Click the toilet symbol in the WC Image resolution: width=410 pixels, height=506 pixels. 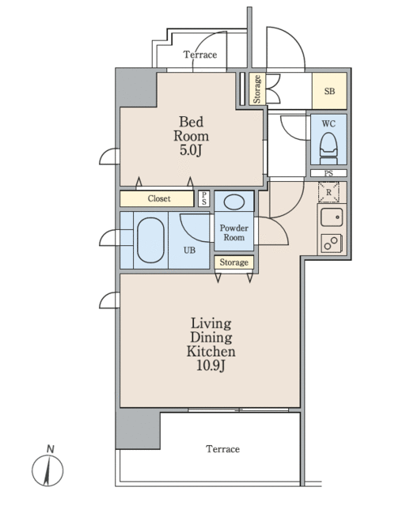328,149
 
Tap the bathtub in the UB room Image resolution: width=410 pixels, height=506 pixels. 150,240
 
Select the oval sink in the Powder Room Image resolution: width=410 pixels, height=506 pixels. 234,202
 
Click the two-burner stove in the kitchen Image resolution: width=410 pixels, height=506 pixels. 332,244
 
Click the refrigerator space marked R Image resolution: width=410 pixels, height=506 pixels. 328,192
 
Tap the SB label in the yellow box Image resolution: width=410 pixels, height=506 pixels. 329,92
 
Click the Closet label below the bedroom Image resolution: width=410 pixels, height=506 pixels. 159,198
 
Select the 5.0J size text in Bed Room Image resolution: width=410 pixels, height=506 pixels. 191,150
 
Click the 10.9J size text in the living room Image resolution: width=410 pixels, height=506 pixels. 211,365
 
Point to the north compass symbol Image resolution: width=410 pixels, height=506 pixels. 47,470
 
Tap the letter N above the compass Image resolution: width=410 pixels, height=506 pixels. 51,449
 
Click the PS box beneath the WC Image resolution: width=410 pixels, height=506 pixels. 328,173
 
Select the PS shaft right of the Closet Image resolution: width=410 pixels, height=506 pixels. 204,198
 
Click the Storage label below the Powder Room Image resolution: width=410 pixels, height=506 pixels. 234,262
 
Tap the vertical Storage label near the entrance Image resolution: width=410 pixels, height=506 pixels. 257,89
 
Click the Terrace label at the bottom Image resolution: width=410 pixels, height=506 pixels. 223,449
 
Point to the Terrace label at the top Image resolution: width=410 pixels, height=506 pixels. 200,55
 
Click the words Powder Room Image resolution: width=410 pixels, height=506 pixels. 234,232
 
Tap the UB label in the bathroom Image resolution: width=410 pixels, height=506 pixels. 189,250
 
